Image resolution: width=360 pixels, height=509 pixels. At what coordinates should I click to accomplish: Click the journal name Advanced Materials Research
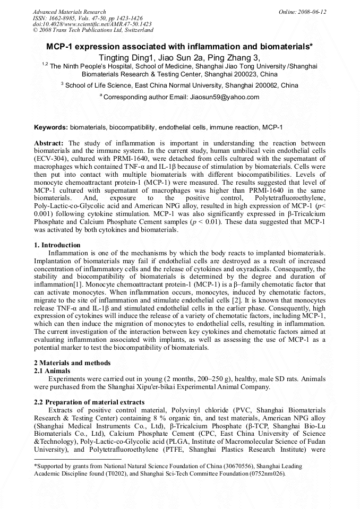(x=69, y=12)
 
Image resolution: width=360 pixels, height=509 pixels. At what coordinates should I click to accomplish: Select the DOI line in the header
(x=92, y=24)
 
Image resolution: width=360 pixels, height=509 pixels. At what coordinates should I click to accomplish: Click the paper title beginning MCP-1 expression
(x=179, y=47)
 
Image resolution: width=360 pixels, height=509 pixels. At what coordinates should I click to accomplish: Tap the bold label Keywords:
(x=51, y=127)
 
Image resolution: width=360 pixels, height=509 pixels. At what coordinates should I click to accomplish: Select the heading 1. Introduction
(x=57, y=245)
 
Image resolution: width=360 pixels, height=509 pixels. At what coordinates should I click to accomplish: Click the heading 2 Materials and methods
(x=72, y=363)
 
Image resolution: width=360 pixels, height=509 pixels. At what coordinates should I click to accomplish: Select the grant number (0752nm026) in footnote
(x=267, y=473)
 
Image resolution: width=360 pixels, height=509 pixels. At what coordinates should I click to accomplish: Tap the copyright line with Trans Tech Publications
(x=93, y=30)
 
